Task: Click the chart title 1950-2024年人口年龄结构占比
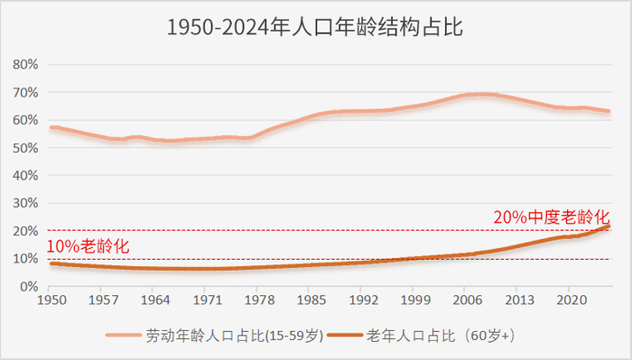[x=315, y=28]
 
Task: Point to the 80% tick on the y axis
[x=24, y=65]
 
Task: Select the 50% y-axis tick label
[x=24, y=148]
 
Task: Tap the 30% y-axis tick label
[x=24, y=203]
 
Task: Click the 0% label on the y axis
[x=27, y=286]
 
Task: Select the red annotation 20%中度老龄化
[x=551, y=217]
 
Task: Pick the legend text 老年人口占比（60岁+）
[x=441, y=336]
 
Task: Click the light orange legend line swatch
[x=125, y=336]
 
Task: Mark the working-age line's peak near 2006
[x=479, y=94]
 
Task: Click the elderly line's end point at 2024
[x=608, y=226]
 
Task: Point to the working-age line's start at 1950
[x=51, y=127]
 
